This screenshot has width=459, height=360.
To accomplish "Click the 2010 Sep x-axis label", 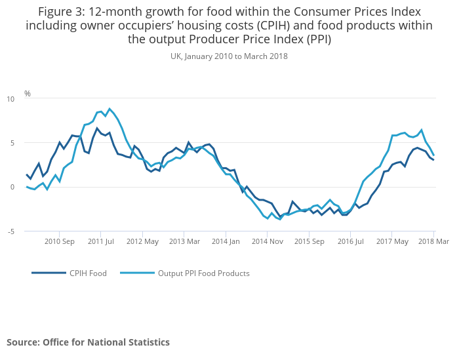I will click(60, 241).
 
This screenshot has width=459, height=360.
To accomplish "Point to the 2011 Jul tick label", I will click(102, 241).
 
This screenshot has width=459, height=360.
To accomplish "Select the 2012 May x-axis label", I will click(143, 241).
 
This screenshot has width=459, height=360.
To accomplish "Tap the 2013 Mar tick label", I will click(184, 241).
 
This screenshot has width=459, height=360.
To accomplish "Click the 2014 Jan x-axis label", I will click(226, 241).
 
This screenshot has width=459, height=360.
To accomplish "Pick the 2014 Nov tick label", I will click(267, 241).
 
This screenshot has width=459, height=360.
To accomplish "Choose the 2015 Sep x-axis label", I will click(309, 241).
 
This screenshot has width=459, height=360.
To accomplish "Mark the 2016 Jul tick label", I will click(350, 241).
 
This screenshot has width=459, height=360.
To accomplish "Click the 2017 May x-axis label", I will click(391, 241).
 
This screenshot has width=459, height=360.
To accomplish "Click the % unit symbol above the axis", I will click(28, 94).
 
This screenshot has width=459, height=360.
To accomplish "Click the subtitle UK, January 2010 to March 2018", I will click(229, 56).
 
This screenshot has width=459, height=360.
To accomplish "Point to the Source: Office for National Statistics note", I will click(89, 342).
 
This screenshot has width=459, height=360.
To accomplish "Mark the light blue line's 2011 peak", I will click(110, 109).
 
